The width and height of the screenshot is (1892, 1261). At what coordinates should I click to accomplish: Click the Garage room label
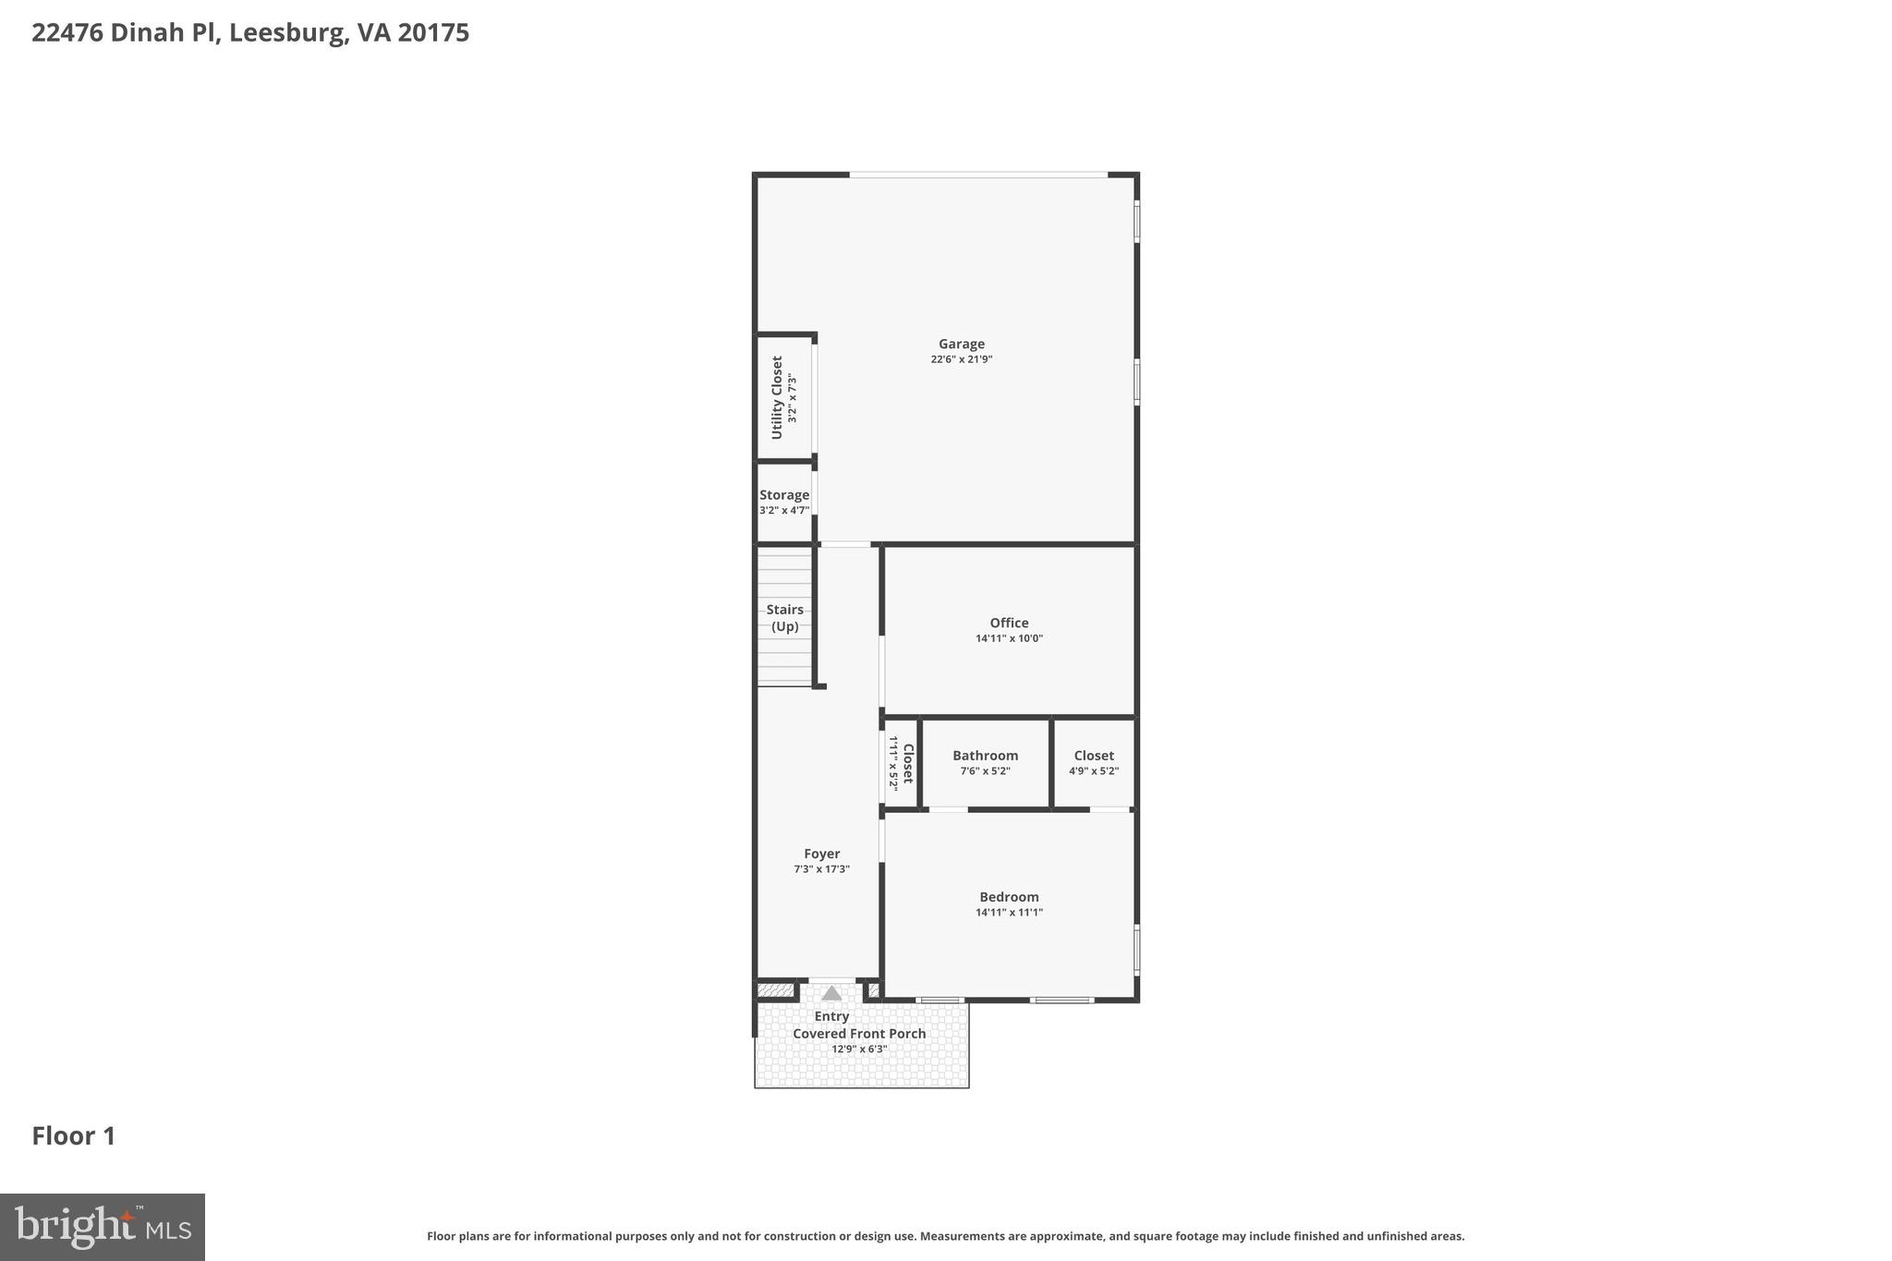(x=961, y=344)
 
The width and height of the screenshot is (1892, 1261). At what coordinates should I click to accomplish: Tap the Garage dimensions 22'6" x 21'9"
(x=961, y=359)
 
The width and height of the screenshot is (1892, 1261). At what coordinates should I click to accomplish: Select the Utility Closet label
(x=777, y=397)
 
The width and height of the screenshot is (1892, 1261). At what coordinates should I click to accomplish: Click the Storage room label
(x=784, y=495)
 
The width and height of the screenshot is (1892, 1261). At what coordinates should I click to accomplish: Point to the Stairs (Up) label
(x=784, y=617)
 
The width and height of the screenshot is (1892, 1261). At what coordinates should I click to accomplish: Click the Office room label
(x=1009, y=623)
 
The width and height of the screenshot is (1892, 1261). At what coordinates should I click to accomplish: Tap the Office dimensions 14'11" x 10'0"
(x=1009, y=638)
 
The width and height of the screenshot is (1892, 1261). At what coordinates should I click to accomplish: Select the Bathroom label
(x=985, y=756)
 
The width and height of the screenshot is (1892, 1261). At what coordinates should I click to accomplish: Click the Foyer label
(x=821, y=854)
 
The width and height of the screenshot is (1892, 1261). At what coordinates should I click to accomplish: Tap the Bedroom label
(x=1009, y=897)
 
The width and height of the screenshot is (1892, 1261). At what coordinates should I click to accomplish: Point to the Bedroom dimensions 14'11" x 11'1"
(x=1009, y=913)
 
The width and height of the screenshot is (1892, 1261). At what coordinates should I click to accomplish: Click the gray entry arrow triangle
(x=831, y=993)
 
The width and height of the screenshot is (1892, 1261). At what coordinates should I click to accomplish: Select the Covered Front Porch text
(x=859, y=1034)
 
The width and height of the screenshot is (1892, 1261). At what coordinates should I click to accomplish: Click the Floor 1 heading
(x=74, y=1136)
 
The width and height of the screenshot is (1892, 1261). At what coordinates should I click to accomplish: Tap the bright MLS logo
(x=102, y=1227)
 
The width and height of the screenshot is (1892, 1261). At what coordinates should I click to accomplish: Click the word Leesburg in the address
(x=285, y=33)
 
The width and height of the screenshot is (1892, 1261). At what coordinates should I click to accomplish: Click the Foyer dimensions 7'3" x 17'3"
(x=821, y=869)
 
